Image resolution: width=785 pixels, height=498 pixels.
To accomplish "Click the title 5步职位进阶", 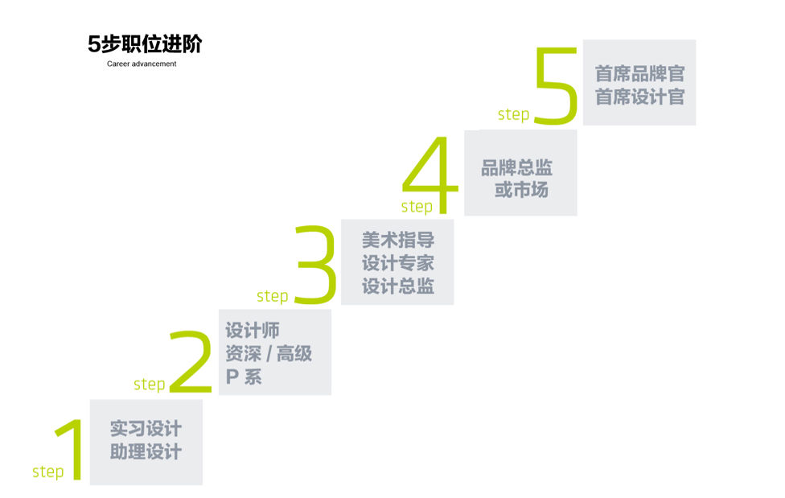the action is click(145, 44).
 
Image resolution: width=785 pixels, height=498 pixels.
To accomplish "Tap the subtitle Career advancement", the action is click(142, 64).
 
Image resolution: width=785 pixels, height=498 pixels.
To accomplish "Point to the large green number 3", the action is click(315, 265).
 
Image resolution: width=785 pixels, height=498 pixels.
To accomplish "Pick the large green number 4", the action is click(431, 175).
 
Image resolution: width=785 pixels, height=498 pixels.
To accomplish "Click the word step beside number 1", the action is click(47, 471).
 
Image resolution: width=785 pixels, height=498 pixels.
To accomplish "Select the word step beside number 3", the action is click(273, 296).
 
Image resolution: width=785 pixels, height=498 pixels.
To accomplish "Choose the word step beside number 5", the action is click(513, 114).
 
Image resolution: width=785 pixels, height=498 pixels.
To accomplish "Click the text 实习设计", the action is click(146, 429).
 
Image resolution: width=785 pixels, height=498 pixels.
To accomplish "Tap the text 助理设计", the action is click(146, 452).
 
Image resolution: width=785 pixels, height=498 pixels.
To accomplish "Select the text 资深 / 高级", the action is click(269, 353).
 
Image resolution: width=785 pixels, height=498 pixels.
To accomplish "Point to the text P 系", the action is click(243, 377).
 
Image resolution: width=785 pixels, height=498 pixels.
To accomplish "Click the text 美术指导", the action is click(397, 240).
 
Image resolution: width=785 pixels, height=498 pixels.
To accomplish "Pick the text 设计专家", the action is click(397, 263).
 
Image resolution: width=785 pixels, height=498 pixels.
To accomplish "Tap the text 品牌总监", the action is click(517, 168).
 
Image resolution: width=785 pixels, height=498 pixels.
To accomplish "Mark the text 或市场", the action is click(521, 191).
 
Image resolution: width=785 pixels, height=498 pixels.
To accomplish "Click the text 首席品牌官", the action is click(639, 74).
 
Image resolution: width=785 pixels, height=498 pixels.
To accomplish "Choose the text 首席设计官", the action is click(639, 97).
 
